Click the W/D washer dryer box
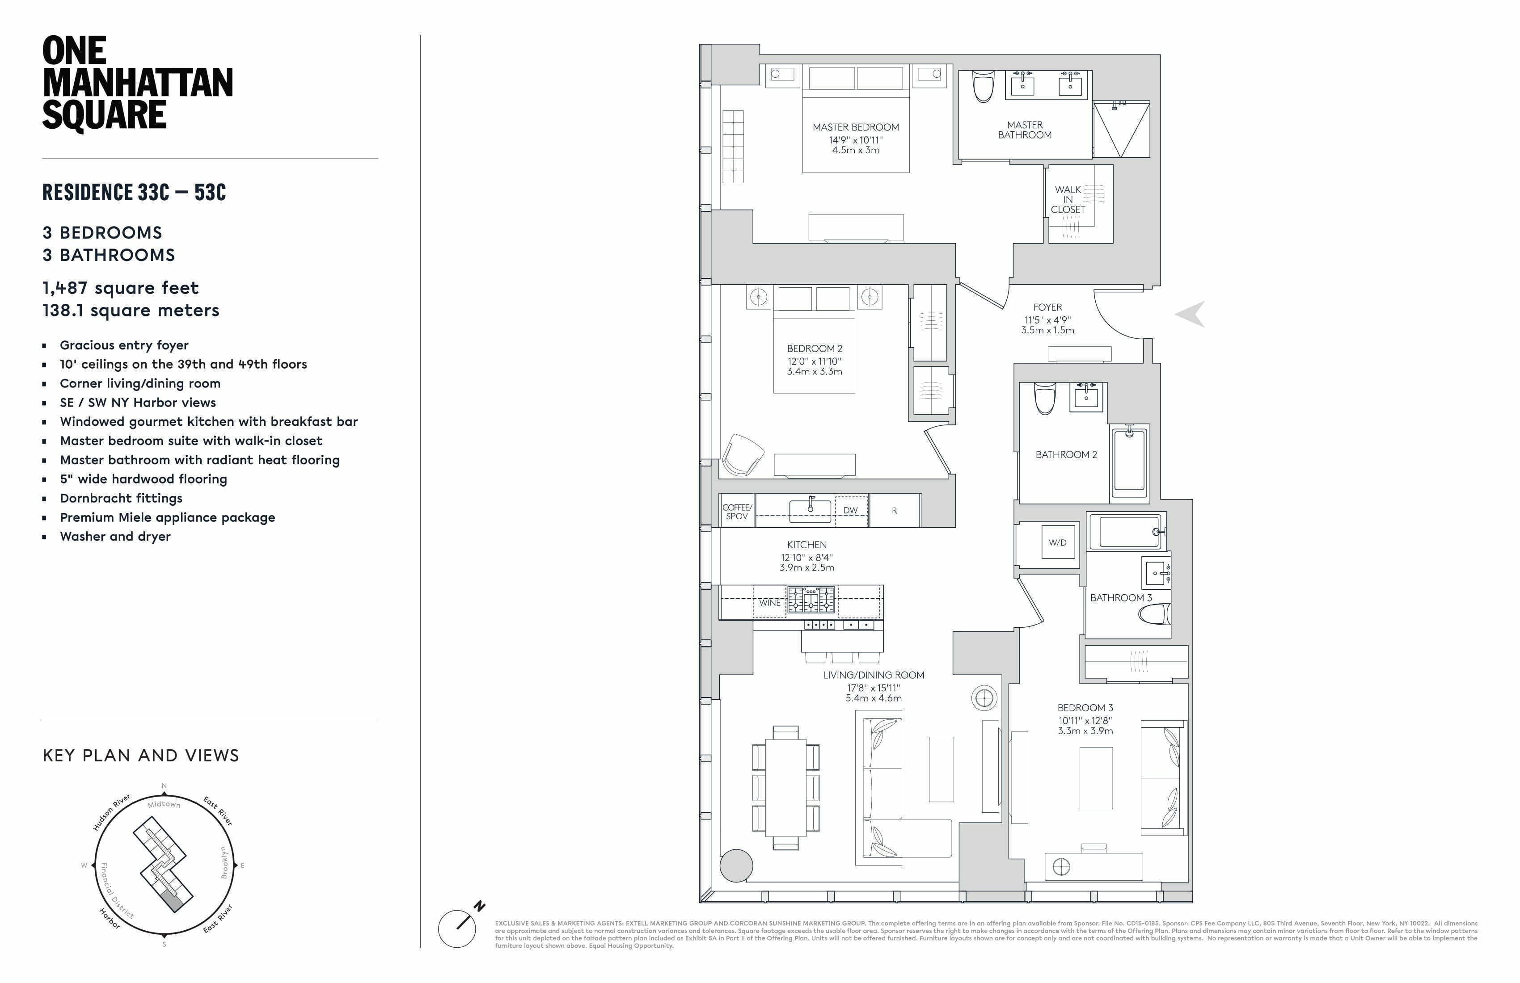pyautogui.click(x=1058, y=542)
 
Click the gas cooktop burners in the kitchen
pyautogui.click(x=811, y=601)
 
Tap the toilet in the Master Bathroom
pyautogui.click(x=984, y=86)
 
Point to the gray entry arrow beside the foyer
pyautogui.click(x=1191, y=314)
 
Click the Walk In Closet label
pyautogui.click(x=1068, y=199)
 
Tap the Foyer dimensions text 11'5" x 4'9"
pyautogui.click(x=1047, y=320)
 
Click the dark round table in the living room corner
pyautogui.click(x=736, y=865)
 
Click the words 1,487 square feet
pyautogui.click(x=121, y=288)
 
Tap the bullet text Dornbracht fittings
pyautogui.click(x=121, y=498)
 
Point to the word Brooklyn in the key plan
pyautogui.click(x=224, y=863)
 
